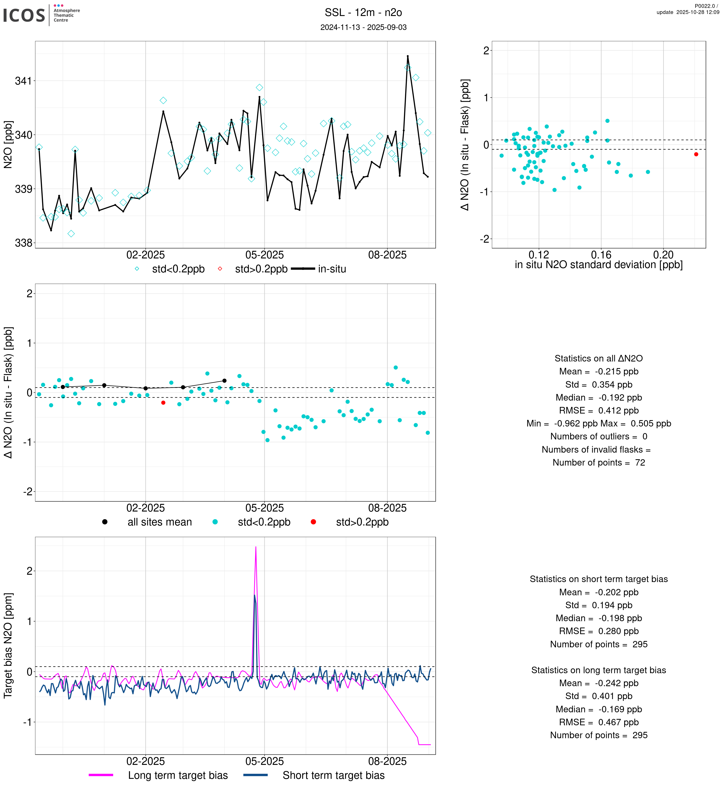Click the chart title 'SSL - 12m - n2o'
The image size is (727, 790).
[363, 13]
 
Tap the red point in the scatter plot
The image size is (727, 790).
[696, 154]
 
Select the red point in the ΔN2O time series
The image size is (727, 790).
[163, 403]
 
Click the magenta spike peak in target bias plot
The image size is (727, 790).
[256, 547]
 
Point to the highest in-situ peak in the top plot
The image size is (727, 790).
[408, 56]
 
